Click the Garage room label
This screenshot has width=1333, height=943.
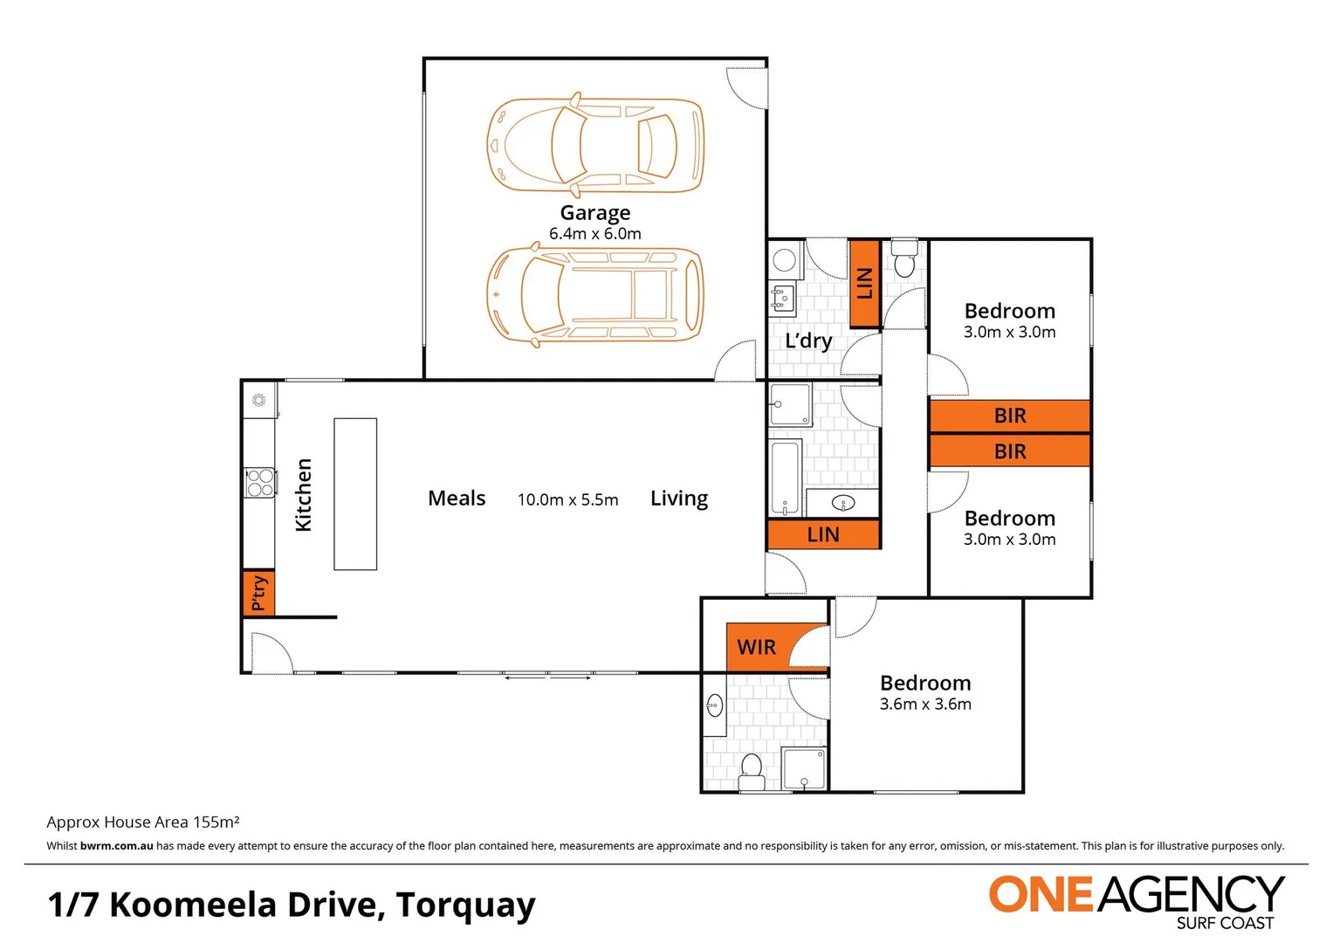(594, 212)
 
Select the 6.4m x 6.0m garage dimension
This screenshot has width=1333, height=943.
(594, 234)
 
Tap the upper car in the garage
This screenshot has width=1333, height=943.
(594, 145)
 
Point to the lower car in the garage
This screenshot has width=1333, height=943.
(594, 295)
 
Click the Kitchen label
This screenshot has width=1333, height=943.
(303, 494)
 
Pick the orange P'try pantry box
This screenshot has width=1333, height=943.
(258, 593)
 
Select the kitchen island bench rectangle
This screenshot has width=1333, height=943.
(355, 494)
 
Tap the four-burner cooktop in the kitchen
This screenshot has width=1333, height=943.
(260, 483)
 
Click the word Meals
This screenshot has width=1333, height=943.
(457, 499)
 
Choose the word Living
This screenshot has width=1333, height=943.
(678, 499)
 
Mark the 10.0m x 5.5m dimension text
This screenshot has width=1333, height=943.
(567, 499)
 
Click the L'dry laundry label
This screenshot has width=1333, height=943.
(808, 341)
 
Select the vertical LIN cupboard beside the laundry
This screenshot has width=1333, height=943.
(864, 283)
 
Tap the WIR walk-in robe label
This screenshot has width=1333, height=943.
(756, 647)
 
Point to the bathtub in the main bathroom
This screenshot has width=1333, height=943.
(786, 478)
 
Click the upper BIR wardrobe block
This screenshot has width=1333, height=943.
(1010, 416)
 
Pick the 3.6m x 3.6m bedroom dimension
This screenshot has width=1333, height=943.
(925, 704)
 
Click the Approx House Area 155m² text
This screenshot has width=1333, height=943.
(143, 822)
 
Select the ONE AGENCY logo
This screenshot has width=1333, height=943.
(1136, 899)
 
